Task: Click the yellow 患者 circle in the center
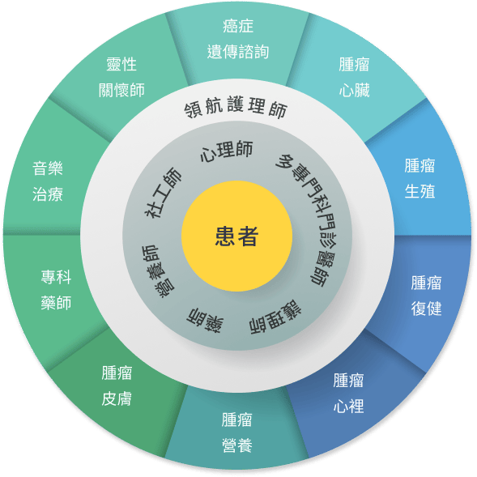(236, 236)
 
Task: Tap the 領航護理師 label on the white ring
(236, 107)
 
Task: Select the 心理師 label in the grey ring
(227, 151)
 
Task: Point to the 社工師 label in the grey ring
(163, 193)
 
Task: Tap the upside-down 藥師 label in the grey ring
(205, 321)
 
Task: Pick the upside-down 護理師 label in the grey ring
(275, 317)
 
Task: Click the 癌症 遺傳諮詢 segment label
(238, 39)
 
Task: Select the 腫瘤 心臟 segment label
(355, 77)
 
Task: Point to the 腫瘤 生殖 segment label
(420, 178)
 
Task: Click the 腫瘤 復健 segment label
(426, 296)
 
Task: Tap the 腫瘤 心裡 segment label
(348, 393)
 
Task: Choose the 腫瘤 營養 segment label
(237, 432)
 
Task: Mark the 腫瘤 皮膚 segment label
(117, 385)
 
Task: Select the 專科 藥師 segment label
(56, 290)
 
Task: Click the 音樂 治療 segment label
(48, 181)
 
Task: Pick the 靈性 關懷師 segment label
(121, 77)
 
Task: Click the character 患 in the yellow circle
(225, 236)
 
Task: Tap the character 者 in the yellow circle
(249, 236)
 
